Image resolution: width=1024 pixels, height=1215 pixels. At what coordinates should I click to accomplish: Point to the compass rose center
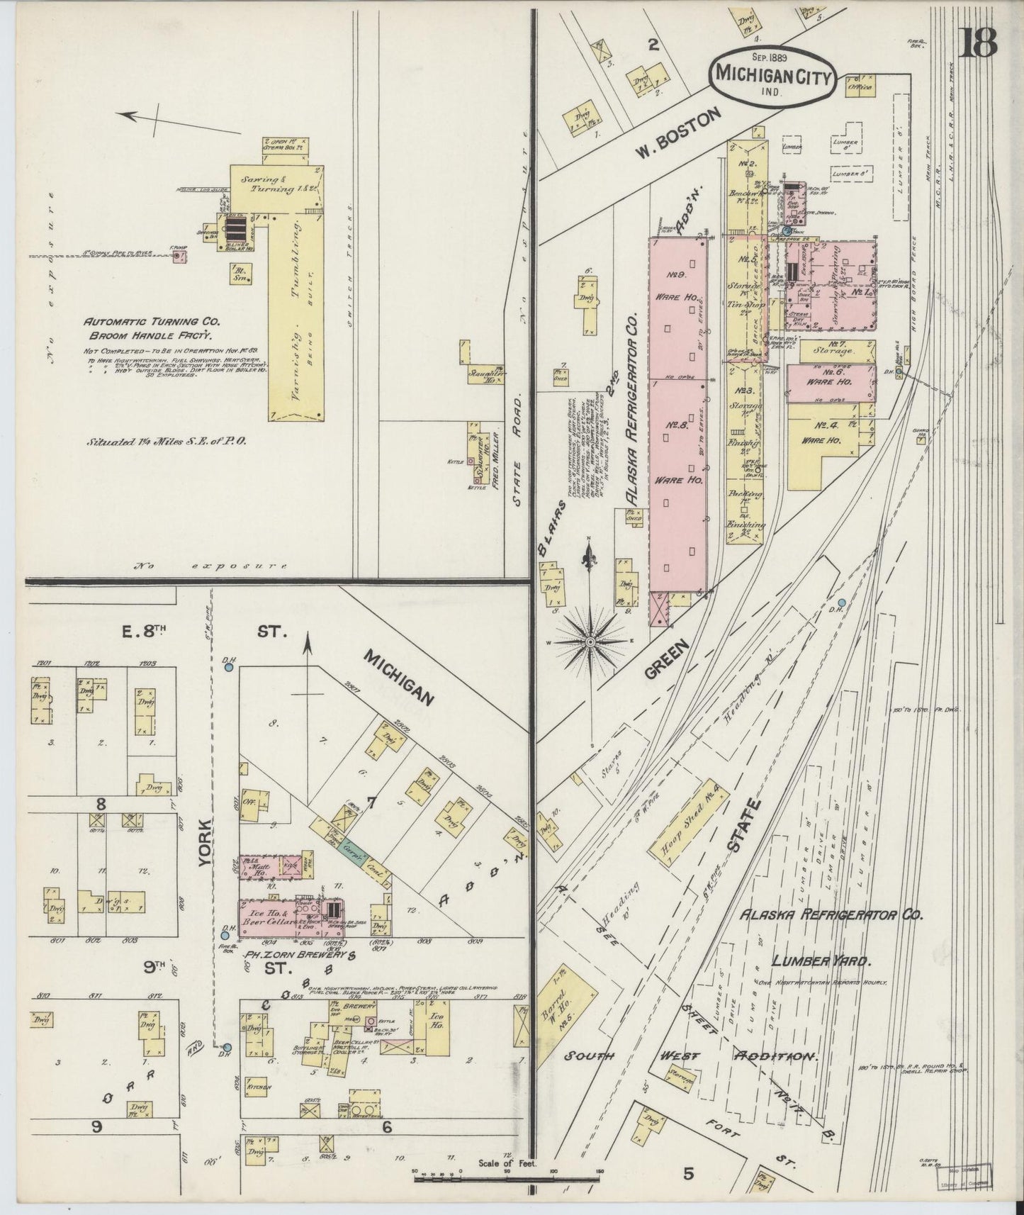click(x=589, y=642)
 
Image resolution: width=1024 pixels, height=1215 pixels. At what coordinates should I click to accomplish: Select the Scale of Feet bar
click(x=507, y=1180)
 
